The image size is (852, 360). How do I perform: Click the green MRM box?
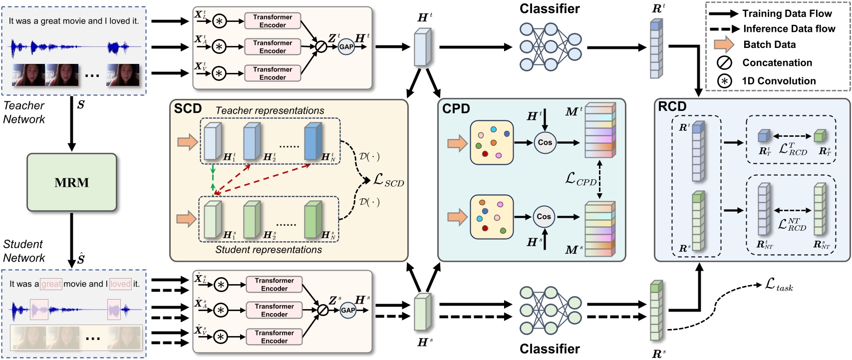tap(71, 182)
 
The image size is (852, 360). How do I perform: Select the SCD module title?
tap(188, 109)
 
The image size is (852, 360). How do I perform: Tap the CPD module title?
tap(456, 109)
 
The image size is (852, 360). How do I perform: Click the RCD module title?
tap(672, 106)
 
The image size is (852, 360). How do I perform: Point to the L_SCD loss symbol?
tap(388, 181)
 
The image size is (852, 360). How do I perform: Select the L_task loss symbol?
tap(779, 285)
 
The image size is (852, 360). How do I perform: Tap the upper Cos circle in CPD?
tap(545, 142)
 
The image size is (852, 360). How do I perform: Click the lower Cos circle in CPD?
tap(544, 217)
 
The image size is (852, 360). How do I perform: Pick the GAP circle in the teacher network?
tap(346, 47)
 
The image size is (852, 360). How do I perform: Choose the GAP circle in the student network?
tap(347, 311)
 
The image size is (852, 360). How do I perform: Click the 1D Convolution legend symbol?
tap(724, 81)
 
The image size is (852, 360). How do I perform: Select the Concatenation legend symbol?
tap(724, 63)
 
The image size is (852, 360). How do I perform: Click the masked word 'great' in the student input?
tap(51, 284)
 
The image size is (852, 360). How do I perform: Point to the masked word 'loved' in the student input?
tap(120, 284)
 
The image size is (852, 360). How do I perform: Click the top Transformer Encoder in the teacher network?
tap(273, 21)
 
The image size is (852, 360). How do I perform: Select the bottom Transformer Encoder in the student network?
tap(274, 337)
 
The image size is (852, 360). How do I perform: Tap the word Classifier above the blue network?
tap(549, 9)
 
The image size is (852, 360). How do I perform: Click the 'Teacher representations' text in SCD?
tap(270, 110)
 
